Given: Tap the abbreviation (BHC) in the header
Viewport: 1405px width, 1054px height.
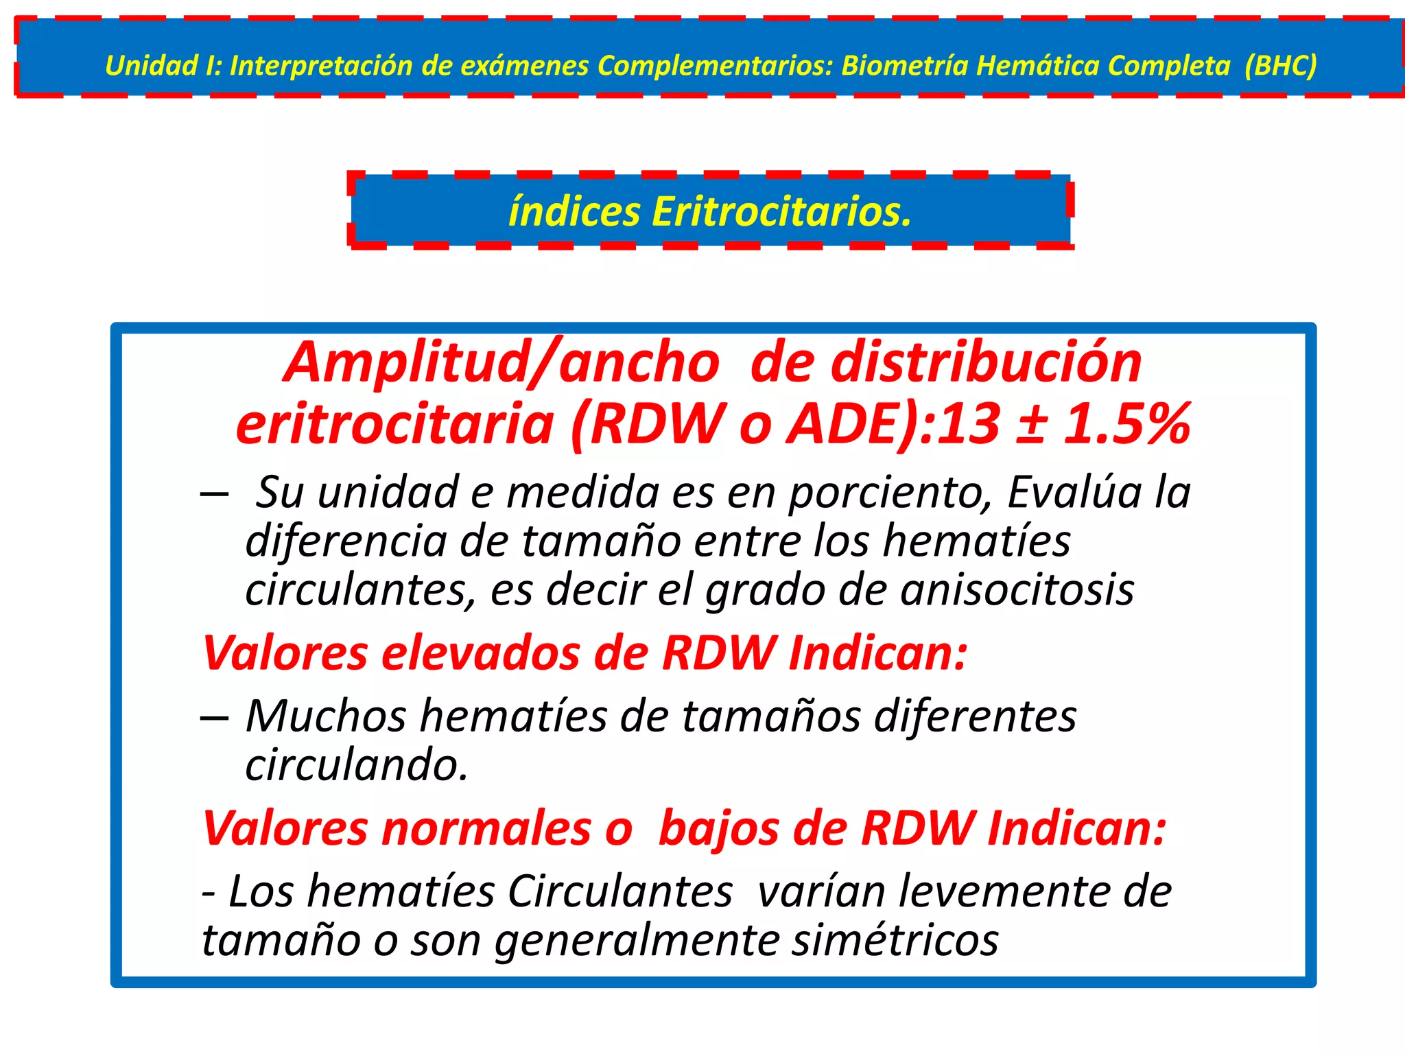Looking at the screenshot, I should click(x=1280, y=66).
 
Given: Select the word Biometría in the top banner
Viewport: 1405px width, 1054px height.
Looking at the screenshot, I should click(x=904, y=66).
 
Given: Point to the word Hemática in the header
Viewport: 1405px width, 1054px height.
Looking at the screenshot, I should click(x=1038, y=66).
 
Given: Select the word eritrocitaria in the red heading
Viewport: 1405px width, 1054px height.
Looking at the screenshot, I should click(x=394, y=423).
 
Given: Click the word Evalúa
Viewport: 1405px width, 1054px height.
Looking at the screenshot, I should click(x=1074, y=492).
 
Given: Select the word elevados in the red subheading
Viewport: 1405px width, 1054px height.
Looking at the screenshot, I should click(x=480, y=653).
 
